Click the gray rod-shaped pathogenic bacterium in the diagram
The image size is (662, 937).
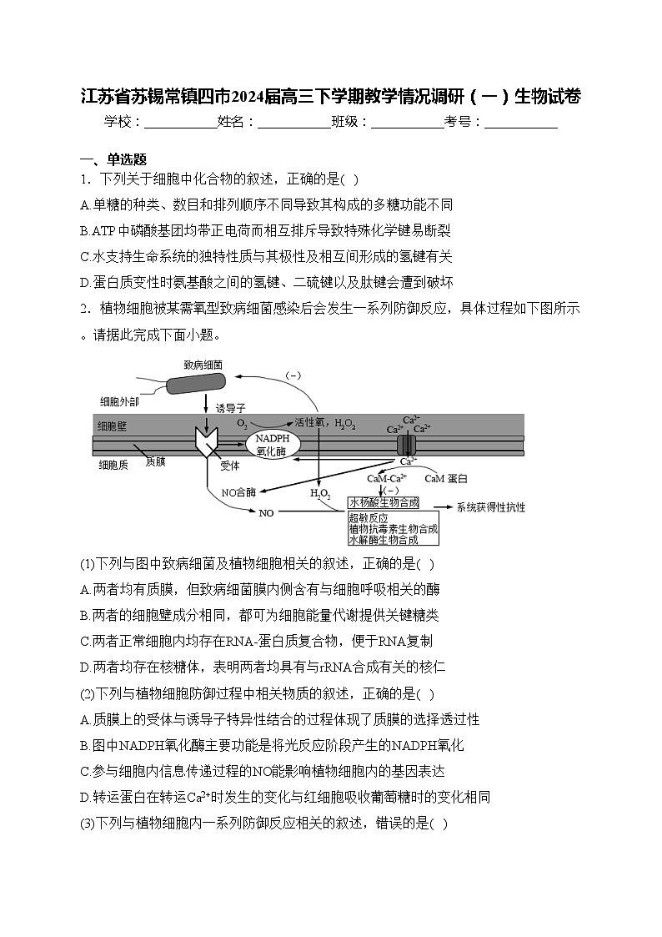tap(195, 382)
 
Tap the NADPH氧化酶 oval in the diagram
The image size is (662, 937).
tap(272, 444)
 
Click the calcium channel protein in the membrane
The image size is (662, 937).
tap(405, 444)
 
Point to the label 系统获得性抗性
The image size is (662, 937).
tap(491, 506)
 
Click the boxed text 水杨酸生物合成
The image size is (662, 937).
tap(384, 502)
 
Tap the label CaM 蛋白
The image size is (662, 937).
tap(446, 479)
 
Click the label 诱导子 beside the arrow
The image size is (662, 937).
tap(231, 409)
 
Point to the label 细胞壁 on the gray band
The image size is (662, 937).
tap(113, 426)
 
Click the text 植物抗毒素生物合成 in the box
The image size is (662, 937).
tap(393, 529)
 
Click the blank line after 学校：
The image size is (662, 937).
tap(180, 123)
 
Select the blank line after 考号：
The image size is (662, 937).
tap(520, 123)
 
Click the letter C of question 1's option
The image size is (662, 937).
tap(85, 257)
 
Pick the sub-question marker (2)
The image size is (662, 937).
tap(88, 693)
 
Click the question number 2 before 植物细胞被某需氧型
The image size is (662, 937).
tap(84, 308)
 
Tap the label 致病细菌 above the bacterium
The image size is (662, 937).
tap(203, 365)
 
